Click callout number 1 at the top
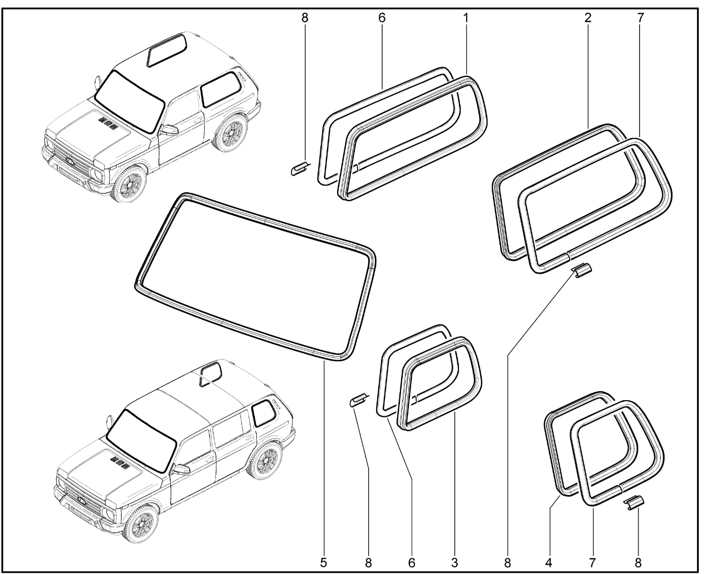(466, 18)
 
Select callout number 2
(588, 18)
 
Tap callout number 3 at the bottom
(454, 563)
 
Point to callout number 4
(548, 563)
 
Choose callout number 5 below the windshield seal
(323, 563)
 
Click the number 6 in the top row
(382, 18)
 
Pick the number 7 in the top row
(640, 18)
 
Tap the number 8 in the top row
(304, 18)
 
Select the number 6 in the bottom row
(412, 563)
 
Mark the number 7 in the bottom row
(592, 563)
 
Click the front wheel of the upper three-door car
(128, 184)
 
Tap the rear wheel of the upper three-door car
(230, 133)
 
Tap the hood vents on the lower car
(120, 461)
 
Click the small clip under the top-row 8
(299, 168)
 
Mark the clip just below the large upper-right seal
(581, 271)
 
